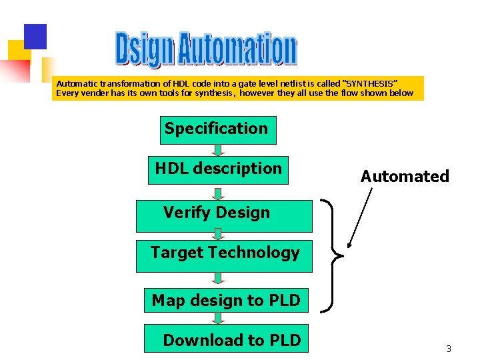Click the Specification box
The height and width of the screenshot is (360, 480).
coord(217,129)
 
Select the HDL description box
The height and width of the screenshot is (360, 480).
coord(218,169)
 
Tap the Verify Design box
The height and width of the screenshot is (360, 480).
coord(223,215)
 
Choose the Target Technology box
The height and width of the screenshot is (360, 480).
coord(224,255)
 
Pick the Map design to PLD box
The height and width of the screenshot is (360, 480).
coord(225,301)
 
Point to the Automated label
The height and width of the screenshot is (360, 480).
coord(405,177)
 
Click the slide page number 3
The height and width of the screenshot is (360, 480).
coord(449,349)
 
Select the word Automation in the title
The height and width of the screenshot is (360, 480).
coord(237,49)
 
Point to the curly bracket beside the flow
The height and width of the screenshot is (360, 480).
coord(331,255)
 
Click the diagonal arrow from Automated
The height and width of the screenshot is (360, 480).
coord(360,217)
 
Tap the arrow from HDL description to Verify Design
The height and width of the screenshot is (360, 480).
coord(218,193)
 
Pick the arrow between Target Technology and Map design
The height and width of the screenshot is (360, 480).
coord(218,278)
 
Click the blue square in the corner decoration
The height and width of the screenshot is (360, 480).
coord(35,36)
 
